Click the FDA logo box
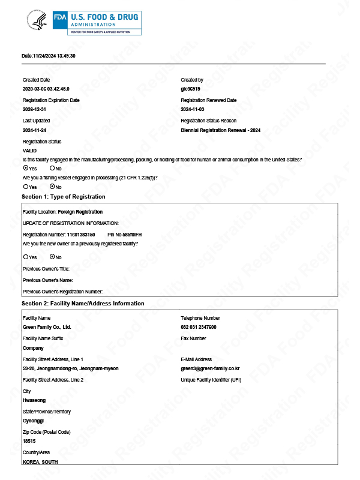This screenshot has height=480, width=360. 60,17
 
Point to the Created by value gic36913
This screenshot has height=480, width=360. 190,89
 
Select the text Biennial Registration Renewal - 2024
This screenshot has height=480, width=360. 220,130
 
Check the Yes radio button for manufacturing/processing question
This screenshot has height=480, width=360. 25,168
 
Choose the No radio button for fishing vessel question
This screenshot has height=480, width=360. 52,187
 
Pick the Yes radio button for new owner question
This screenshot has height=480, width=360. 25,257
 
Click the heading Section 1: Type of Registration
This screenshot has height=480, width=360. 63,197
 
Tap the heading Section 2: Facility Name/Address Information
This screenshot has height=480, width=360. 83,304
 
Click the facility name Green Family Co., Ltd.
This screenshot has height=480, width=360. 47,327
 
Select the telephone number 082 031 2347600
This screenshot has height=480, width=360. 199,327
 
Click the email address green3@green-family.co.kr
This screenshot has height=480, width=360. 210,368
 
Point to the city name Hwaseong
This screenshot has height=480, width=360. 34,399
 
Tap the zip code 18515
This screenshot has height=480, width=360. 29,440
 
